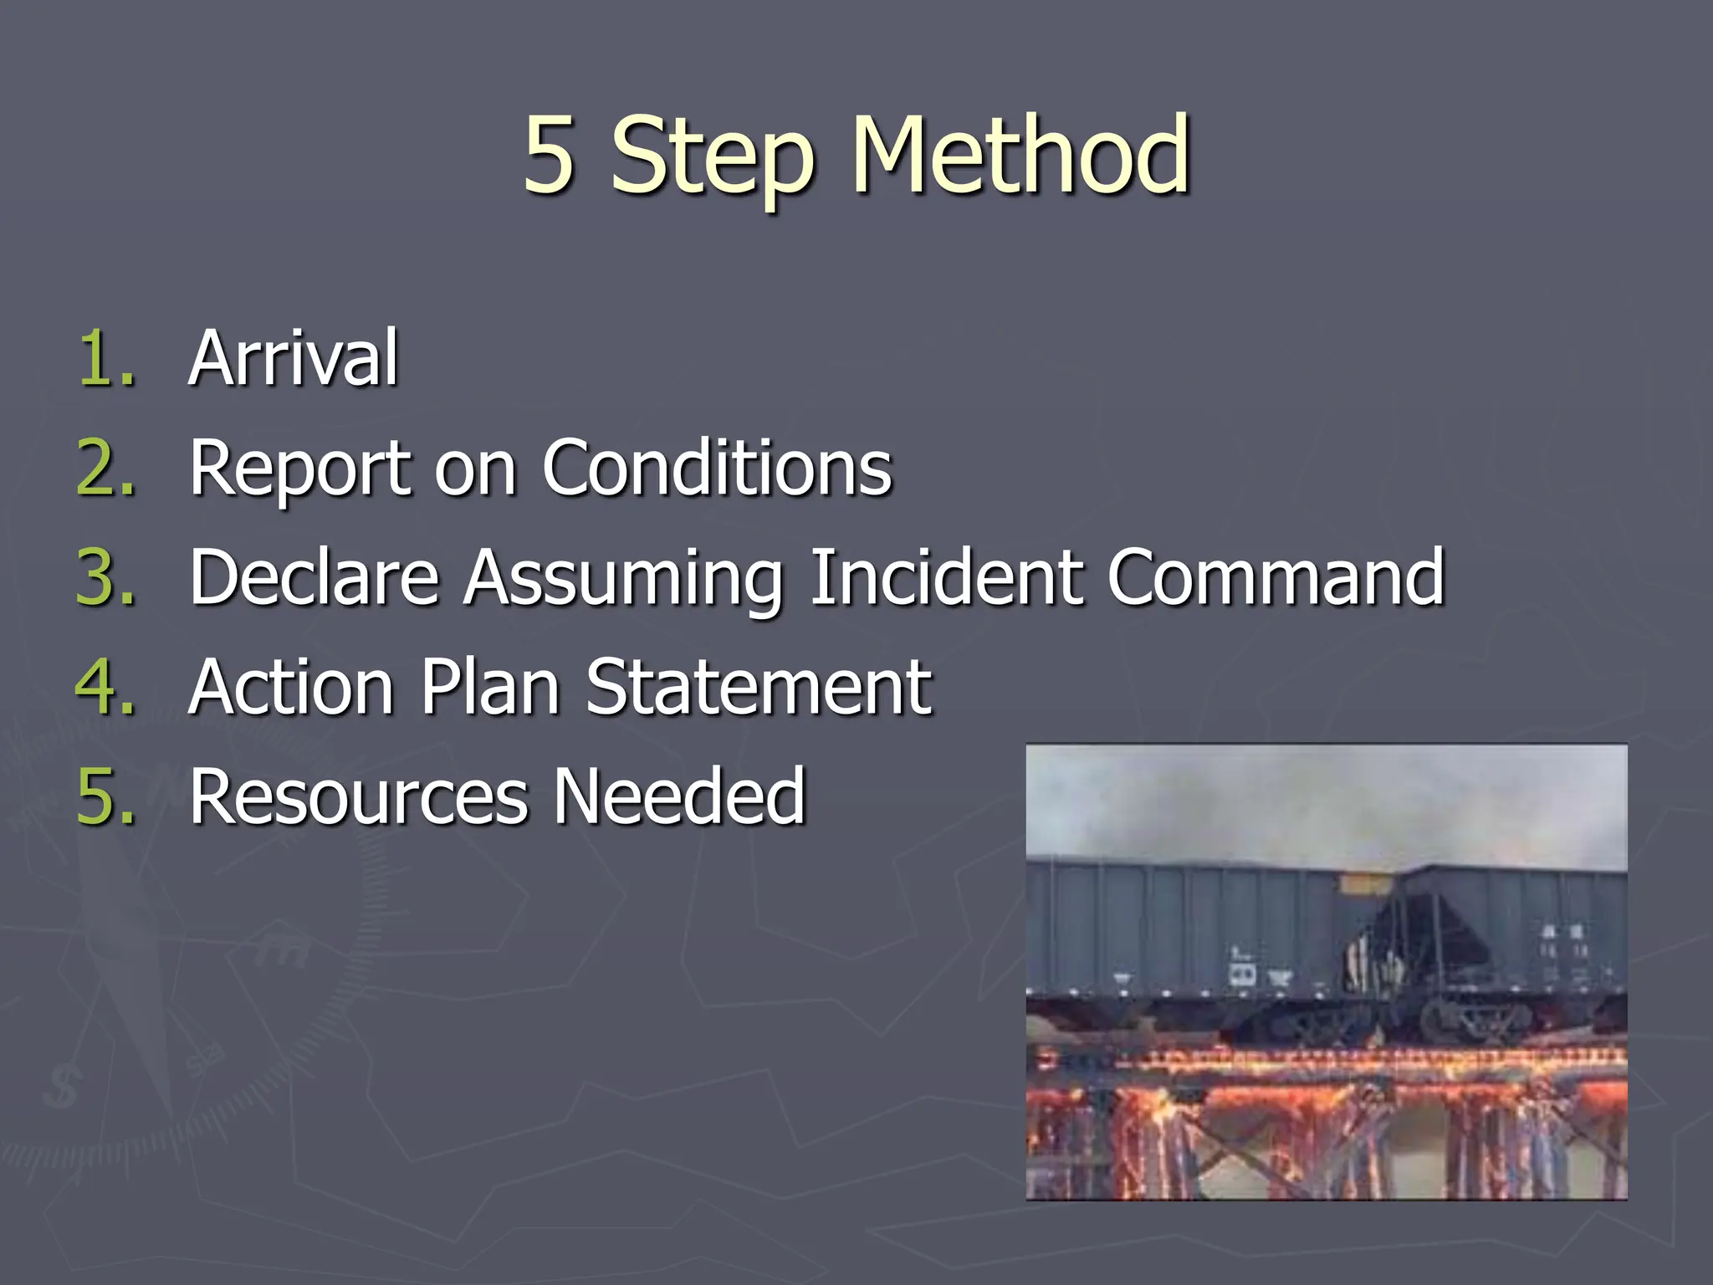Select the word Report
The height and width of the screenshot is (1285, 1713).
click(x=299, y=470)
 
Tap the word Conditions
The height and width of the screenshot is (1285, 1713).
click(x=717, y=468)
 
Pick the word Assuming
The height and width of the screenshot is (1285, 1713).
click(x=624, y=581)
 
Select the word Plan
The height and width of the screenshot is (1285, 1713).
click(x=489, y=687)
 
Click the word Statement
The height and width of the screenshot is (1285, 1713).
click(x=758, y=687)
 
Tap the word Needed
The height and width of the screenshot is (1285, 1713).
click(x=679, y=796)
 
